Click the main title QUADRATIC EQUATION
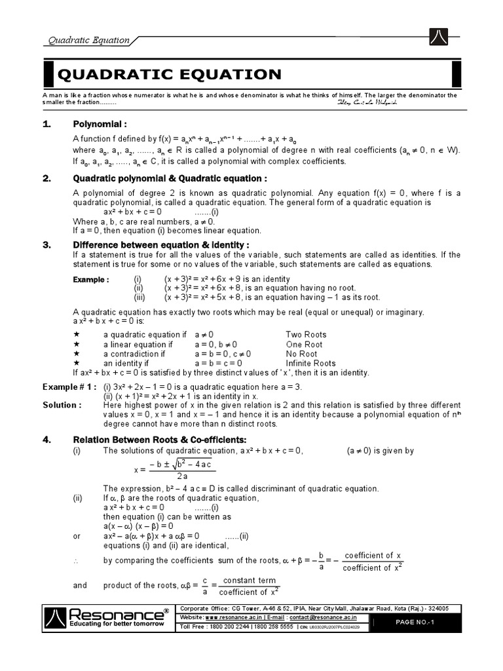pyautogui.click(x=170, y=74)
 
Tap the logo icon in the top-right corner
pyautogui.click(x=438, y=37)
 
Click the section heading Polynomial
pyautogui.click(x=100, y=125)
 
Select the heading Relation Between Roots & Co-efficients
pyautogui.click(x=155, y=440)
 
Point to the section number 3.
pyautogui.click(x=47, y=245)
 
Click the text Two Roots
pyautogui.click(x=306, y=334)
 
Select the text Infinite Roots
pyautogui.click(x=310, y=363)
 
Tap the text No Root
pyautogui.click(x=301, y=353)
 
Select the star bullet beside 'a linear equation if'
pyautogui.click(x=77, y=344)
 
